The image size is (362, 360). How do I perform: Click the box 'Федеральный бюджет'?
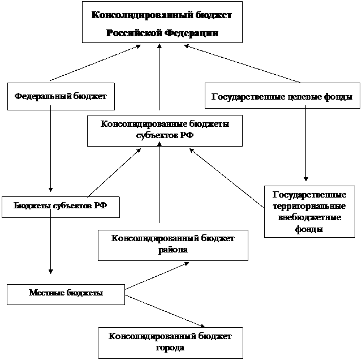pos(61,96)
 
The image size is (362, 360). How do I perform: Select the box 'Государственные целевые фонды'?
pos(282,96)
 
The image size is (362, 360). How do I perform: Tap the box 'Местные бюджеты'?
pos(66,294)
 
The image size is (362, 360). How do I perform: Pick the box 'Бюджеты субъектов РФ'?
pos(61,207)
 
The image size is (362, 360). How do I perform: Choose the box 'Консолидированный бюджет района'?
pos(173,245)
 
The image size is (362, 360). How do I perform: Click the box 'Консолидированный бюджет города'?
pos(170,343)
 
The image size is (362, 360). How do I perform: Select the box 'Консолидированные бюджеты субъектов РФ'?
pos(165,131)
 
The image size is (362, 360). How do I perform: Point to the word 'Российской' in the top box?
pos(134,33)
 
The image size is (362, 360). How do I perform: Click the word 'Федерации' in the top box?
pos(191,33)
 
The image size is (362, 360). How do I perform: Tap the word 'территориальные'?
pos(309,206)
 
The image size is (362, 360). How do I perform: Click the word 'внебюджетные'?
pos(309,217)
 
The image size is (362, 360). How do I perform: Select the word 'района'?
pos(173,250)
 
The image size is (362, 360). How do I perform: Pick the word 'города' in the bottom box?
pos(170,348)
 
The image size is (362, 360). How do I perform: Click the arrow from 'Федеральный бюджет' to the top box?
pos(96,63)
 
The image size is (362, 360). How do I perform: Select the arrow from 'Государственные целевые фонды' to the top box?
pos(242,64)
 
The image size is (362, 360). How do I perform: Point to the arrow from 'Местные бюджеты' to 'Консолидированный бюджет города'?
pos(165,311)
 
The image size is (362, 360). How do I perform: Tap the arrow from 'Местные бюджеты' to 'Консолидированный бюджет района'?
pos(157,276)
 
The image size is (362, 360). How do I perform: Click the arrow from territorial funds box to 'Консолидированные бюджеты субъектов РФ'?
pos(227,178)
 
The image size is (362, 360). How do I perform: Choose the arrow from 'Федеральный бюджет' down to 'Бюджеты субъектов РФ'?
pos(50,148)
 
